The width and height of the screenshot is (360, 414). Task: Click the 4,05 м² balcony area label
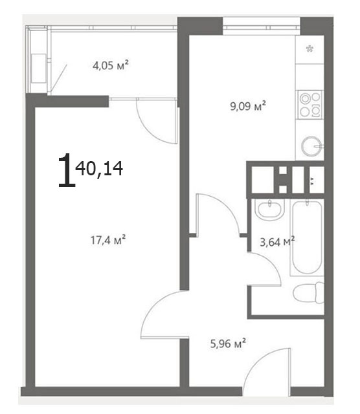(x=111, y=65)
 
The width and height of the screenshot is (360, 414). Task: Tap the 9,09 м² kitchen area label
(x=248, y=106)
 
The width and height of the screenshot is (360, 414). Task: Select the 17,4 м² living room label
(x=108, y=240)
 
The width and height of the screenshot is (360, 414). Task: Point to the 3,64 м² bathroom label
(x=277, y=241)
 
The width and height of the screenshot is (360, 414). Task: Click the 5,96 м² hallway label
(x=228, y=343)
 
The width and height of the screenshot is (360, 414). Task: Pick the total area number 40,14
(x=99, y=168)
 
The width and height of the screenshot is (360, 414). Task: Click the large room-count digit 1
(x=66, y=170)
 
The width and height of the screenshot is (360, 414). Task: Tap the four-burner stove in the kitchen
(x=310, y=105)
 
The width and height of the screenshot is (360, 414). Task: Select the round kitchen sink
(x=311, y=146)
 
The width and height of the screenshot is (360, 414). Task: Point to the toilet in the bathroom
(x=309, y=292)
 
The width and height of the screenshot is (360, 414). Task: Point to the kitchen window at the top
(x=262, y=26)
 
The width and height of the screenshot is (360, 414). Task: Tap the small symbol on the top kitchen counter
(x=309, y=49)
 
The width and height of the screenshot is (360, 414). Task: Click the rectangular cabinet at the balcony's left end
(x=39, y=69)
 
